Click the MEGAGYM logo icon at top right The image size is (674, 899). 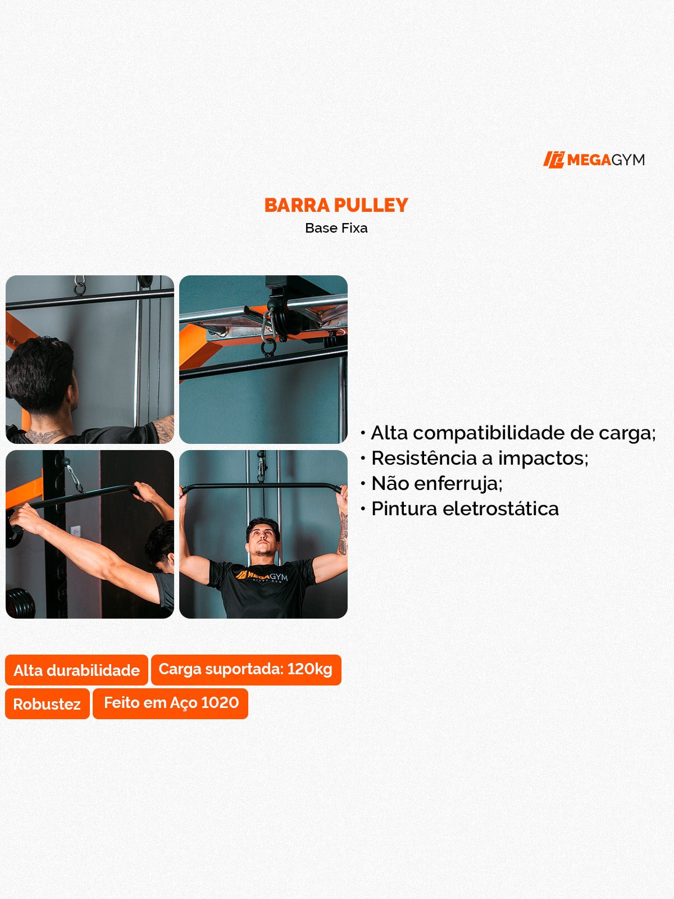click(x=553, y=160)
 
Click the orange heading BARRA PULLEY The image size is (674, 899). click(x=336, y=205)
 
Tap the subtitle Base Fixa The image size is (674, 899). click(x=336, y=228)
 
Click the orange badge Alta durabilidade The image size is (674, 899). click(x=76, y=670)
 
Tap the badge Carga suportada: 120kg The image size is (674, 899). click(x=245, y=669)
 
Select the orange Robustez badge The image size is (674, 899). click(x=47, y=703)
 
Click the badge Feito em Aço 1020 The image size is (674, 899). click(x=171, y=703)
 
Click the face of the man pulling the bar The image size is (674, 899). click(x=263, y=539)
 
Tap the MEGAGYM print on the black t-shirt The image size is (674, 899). click(x=262, y=576)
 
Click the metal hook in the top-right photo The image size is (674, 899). click(x=268, y=337)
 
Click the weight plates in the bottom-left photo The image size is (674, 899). click(x=20, y=602)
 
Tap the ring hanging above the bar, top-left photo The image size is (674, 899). click(x=80, y=287)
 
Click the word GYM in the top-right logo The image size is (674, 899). click(x=628, y=160)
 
